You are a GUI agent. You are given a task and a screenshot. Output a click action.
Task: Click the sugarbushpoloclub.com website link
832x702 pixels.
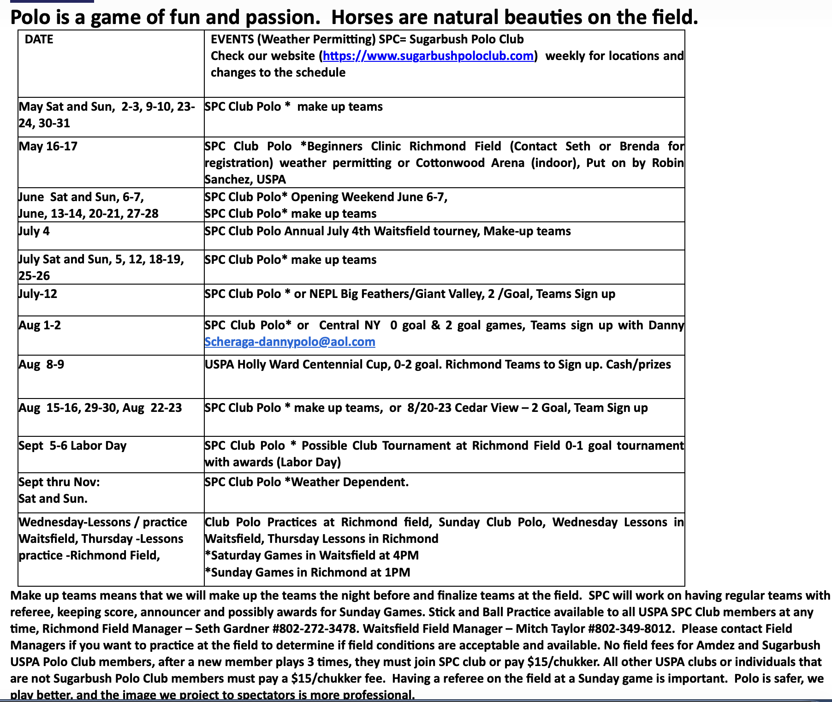pos(428,56)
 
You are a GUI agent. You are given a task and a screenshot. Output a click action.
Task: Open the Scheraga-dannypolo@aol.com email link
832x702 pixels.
pos(290,342)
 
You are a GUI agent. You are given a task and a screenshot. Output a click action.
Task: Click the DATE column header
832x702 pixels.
pos(39,39)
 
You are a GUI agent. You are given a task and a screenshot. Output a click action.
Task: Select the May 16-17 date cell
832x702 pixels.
pos(48,146)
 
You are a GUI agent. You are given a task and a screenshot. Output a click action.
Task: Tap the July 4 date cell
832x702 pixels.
pos(34,231)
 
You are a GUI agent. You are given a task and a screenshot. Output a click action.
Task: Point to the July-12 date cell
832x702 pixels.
pos(38,294)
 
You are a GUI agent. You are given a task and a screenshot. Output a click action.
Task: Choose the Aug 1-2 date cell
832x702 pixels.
pos(40,325)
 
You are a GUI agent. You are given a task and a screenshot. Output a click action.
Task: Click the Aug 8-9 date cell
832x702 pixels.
pos(42,364)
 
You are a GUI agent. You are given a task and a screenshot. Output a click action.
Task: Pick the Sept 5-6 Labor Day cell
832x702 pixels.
pos(72,446)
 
